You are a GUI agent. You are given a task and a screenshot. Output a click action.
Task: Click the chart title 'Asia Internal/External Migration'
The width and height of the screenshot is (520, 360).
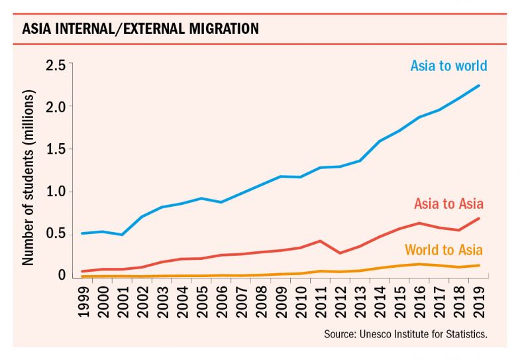(x=140, y=29)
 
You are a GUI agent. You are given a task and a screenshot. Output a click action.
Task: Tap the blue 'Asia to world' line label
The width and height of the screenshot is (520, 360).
(x=448, y=66)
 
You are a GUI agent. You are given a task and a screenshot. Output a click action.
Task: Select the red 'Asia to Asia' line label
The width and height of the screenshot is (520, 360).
(x=448, y=204)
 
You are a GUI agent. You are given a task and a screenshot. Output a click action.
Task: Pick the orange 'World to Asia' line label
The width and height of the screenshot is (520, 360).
(x=444, y=250)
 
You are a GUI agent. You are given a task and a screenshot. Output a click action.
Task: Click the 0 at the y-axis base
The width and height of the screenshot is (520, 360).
(x=62, y=275)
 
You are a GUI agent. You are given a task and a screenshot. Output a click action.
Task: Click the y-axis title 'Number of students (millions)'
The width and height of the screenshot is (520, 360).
(x=28, y=187)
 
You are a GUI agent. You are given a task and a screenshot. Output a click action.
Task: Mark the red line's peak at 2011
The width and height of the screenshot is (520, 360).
(x=321, y=241)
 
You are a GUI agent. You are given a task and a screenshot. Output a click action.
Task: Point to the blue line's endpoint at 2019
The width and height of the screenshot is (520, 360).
(x=478, y=86)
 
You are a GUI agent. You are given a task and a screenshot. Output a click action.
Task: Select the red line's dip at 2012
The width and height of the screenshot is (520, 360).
(x=340, y=253)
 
